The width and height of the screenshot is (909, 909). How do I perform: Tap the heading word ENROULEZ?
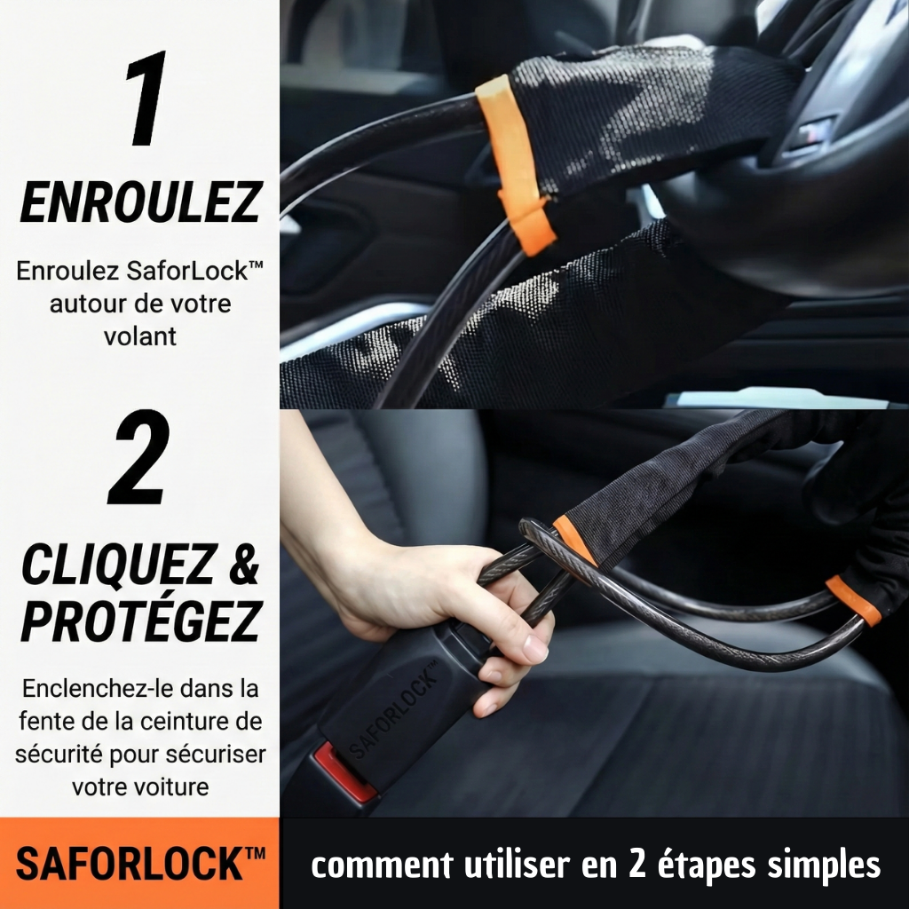point(140,204)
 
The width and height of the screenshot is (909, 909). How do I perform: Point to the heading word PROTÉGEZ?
point(140,622)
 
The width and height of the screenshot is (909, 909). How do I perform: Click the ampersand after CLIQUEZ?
point(239,565)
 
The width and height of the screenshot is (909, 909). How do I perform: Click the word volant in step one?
point(140,336)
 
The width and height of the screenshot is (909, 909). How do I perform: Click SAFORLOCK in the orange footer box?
point(130,864)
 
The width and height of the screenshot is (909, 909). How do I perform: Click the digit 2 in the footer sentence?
point(636,864)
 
